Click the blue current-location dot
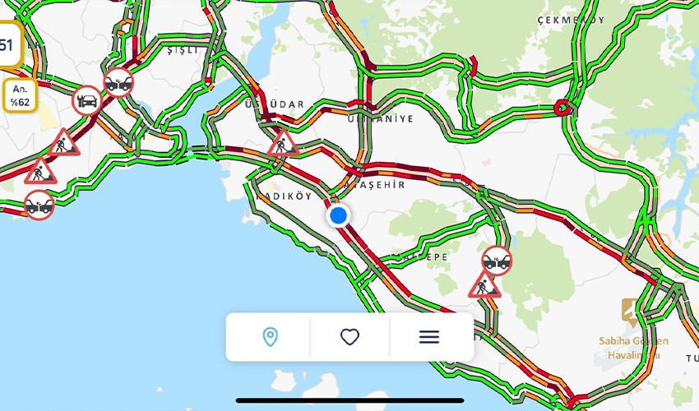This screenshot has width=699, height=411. click(338, 216)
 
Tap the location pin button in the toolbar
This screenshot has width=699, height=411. click(270, 337)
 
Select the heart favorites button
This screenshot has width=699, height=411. click(350, 337)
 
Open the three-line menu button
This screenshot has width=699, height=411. click(429, 337)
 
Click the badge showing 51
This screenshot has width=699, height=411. click(7, 44)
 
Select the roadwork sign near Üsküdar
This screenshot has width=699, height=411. click(283, 144)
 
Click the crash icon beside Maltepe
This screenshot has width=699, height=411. click(497, 261)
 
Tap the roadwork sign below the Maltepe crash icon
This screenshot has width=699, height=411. click(484, 285)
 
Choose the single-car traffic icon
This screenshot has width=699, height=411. click(86, 101)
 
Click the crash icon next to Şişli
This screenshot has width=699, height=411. click(119, 82)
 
